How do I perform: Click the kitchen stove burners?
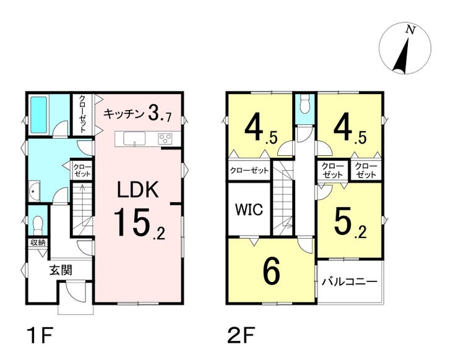point(166,139)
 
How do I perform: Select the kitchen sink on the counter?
point(134,139)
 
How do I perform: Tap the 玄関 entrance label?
point(61,270)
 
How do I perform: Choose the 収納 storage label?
point(37,242)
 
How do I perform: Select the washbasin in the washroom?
point(33,190)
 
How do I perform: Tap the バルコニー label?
point(349,282)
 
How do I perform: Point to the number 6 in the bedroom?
point(271,270)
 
